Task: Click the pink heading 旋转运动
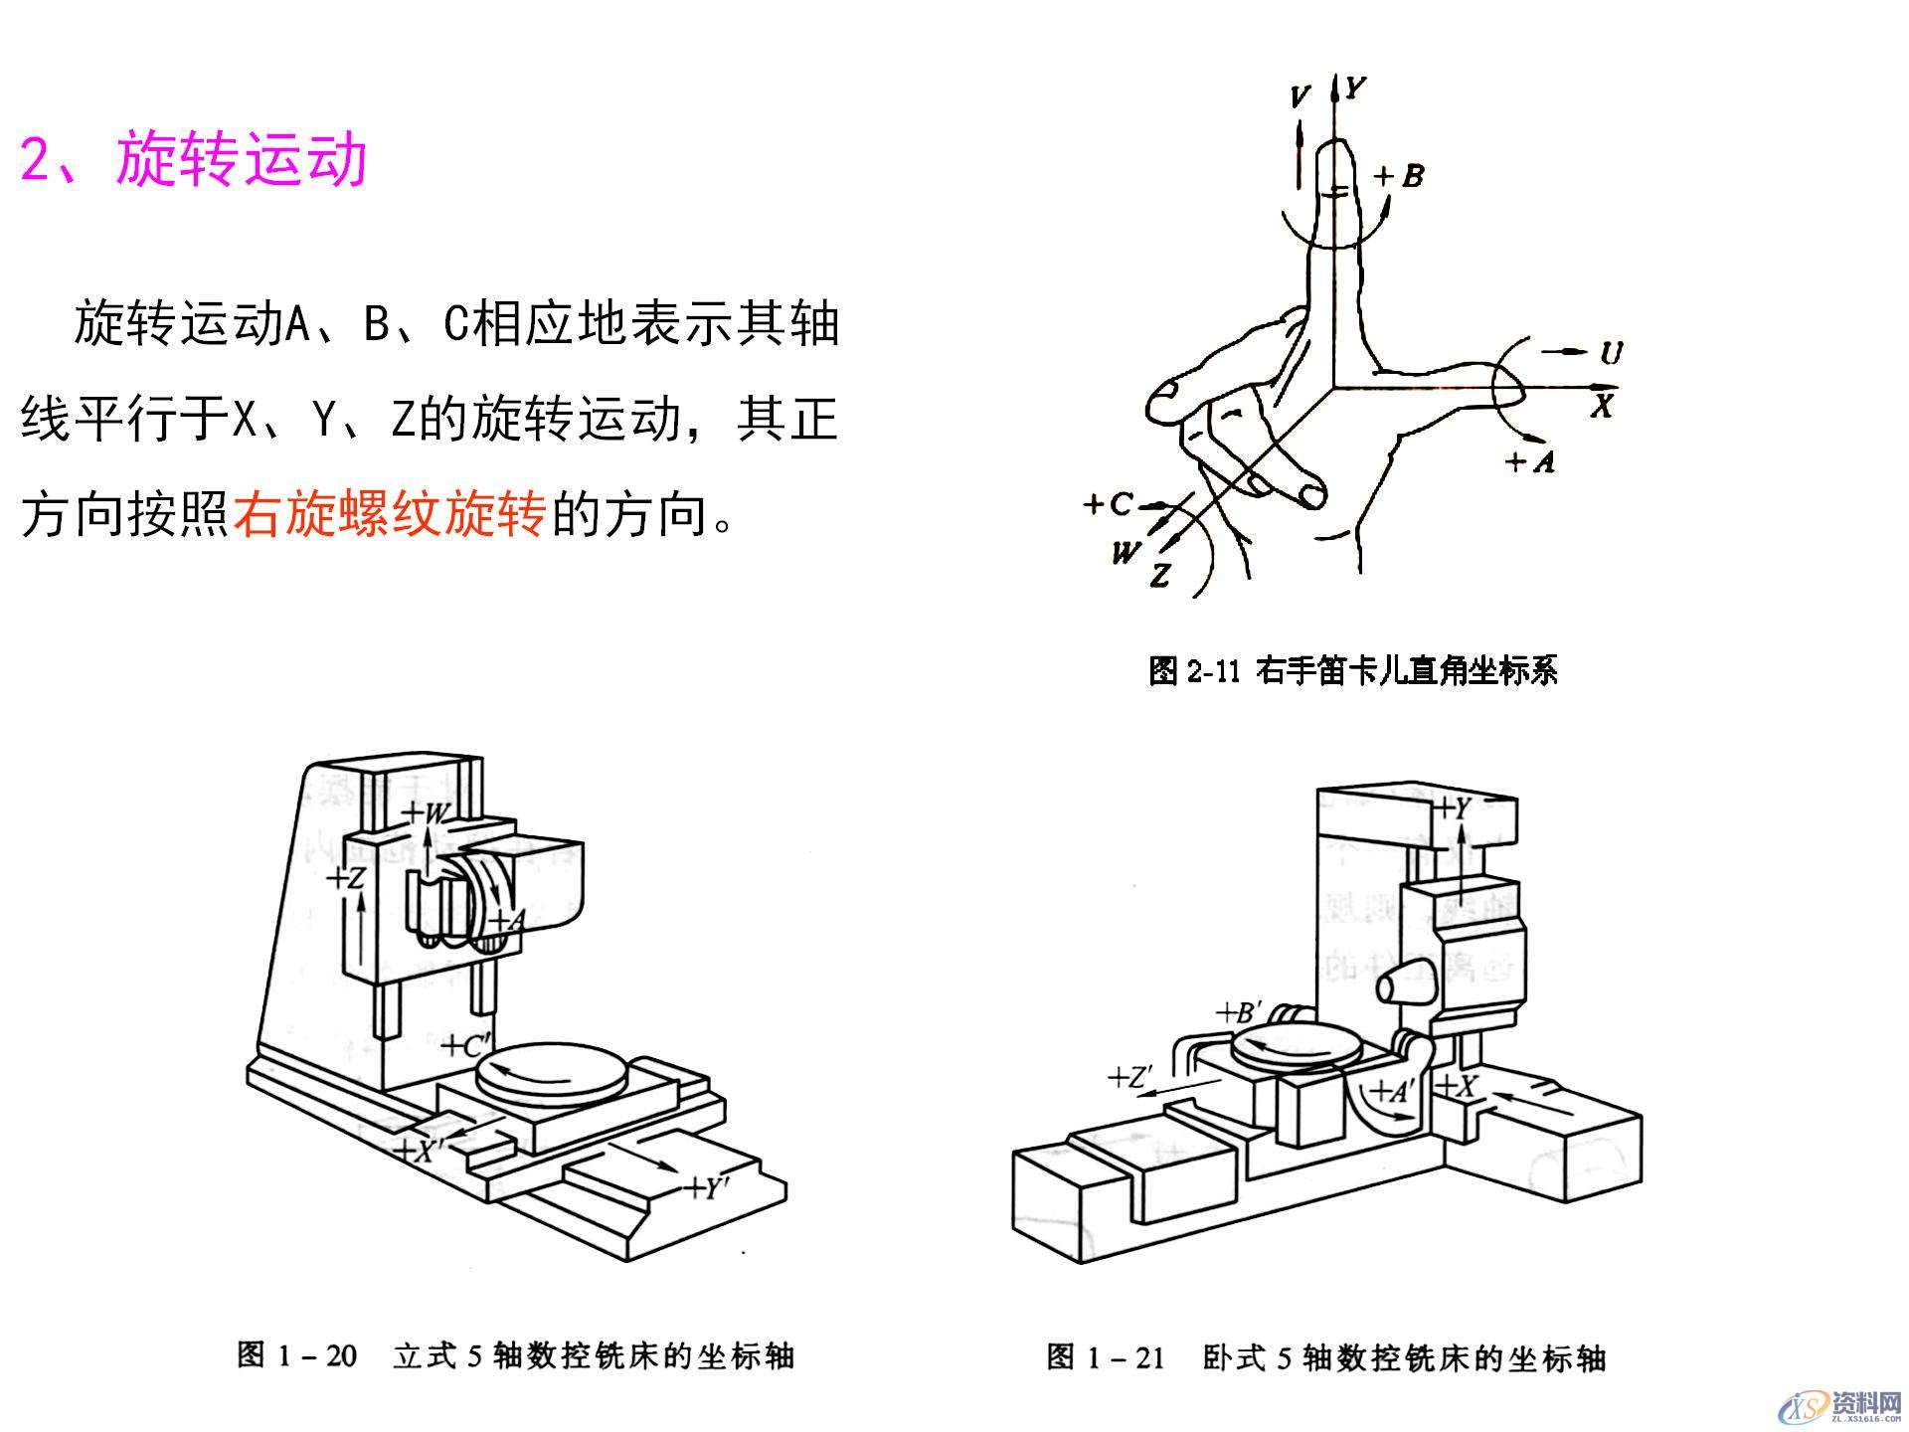[x=242, y=159]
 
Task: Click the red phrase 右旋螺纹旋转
[x=390, y=514]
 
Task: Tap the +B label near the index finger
[x=1399, y=176]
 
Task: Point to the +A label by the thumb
[x=1529, y=460]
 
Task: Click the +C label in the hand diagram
[x=1109, y=503]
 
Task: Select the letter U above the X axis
[x=1611, y=352]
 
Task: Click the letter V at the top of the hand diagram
[x=1300, y=96]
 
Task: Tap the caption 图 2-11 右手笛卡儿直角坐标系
[x=1352, y=671]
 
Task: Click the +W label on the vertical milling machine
[x=426, y=812]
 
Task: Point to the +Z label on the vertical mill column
[x=347, y=878]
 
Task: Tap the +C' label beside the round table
[x=464, y=1046]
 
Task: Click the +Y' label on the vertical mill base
[x=708, y=1188]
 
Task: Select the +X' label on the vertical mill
[x=418, y=1151]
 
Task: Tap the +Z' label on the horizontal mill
[x=1130, y=1077]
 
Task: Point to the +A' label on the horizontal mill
[x=1392, y=1092]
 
